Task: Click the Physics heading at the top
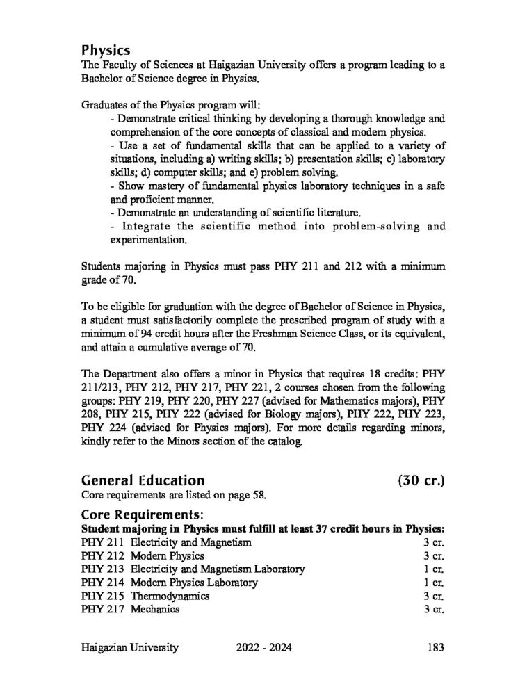pyautogui.click(x=106, y=50)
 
